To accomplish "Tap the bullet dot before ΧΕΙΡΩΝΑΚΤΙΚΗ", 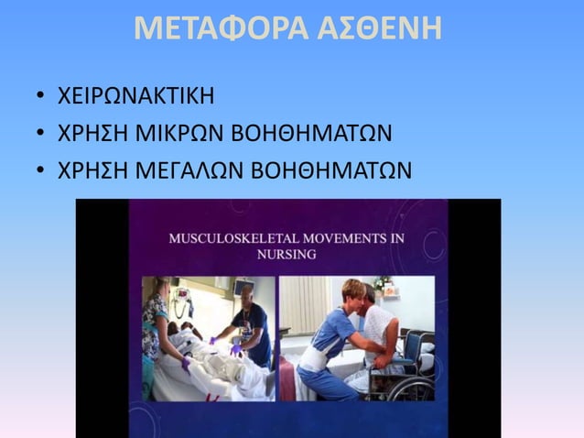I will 40,96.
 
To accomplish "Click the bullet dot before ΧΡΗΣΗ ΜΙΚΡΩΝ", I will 40,134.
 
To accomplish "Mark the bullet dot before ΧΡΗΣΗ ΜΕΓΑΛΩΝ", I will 40,171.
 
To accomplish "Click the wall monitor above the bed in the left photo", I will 182,297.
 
